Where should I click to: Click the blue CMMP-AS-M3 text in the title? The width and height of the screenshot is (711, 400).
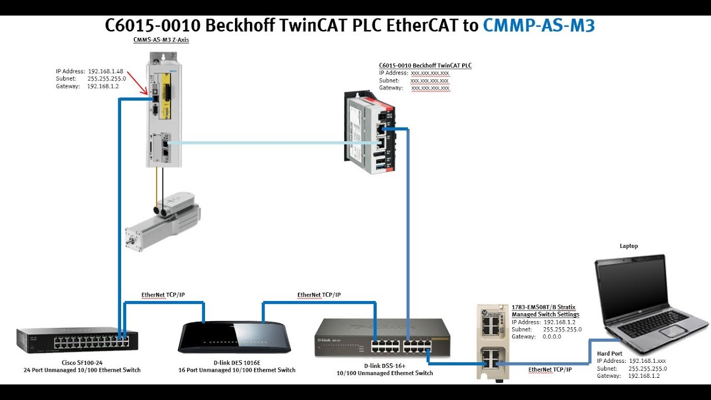pyautogui.click(x=538, y=26)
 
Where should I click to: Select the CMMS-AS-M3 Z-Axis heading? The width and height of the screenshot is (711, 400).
pyautogui.click(x=161, y=40)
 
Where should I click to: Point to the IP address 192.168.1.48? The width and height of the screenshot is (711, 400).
pyautogui.click(x=106, y=71)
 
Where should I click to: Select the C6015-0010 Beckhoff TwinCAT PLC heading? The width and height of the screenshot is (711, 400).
pyautogui.click(x=425, y=66)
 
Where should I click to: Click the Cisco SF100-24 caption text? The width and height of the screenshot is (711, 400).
pyautogui.click(x=81, y=362)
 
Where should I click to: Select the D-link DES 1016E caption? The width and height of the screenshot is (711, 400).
pyautogui.click(x=237, y=362)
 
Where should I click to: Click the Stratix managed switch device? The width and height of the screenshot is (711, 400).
pyautogui.click(x=493, y=341)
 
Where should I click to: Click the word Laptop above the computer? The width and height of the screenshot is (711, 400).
pyautogui.click(x=629, y=246)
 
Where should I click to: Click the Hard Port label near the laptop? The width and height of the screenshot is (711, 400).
pyautogui.click(x=609, y=353)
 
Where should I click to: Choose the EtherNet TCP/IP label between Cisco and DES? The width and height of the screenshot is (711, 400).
pyautogui.click(x=163, y=295)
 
